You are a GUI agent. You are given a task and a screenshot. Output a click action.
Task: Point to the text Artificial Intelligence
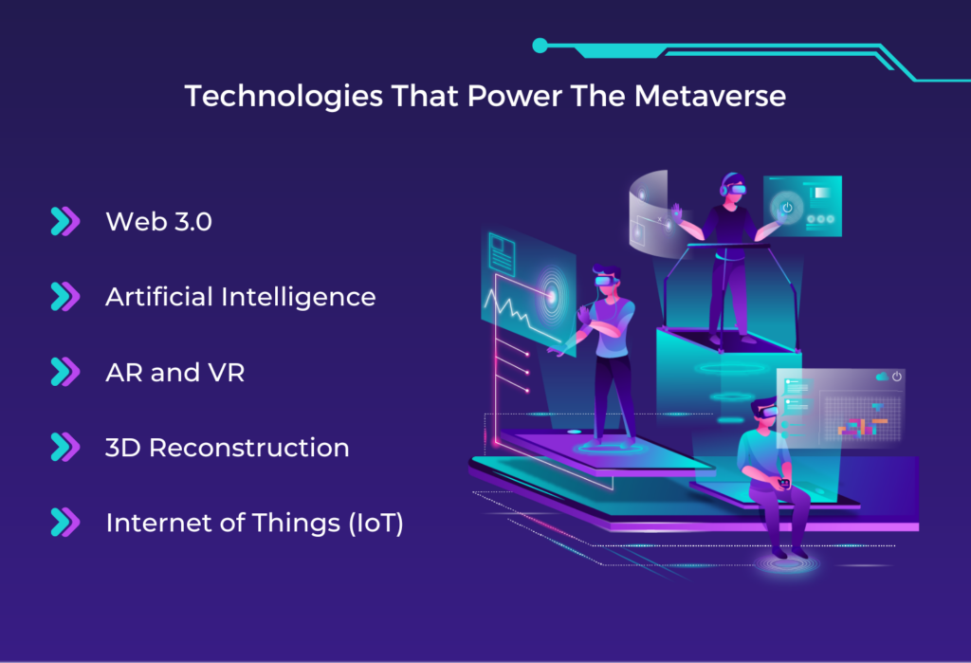coord(240,297)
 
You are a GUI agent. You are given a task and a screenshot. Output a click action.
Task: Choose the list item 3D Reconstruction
coord(227,448)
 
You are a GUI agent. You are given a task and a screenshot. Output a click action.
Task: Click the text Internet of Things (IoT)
coord(254,523)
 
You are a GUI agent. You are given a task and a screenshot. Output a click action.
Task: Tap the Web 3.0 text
coord(158,222)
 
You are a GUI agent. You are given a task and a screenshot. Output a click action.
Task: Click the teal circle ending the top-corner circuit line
coord(540,45)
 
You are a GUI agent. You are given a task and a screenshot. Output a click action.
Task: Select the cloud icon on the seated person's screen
coord(883,377)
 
